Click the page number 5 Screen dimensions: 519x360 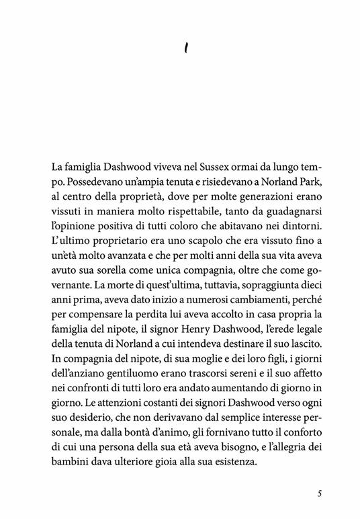click(x=320, y=494)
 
